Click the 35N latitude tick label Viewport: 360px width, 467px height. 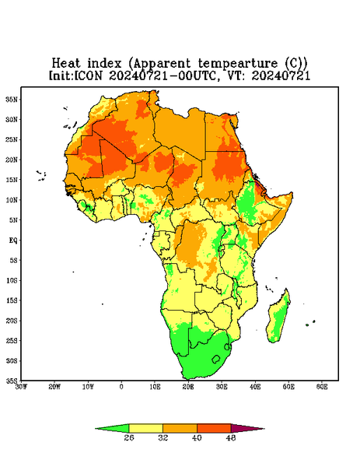[x=12, y=99]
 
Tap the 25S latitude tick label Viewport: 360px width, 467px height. [x=12, y=340]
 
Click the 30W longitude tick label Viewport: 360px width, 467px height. [x=21, y=387]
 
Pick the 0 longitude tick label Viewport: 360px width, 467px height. [x=121, y=387]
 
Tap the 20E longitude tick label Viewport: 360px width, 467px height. [x=188, y=387]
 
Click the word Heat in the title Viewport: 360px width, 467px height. [x=66, y=64]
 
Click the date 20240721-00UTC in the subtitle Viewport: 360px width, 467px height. [x=163, y=75]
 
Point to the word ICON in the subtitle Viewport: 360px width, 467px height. [x=89, y=75]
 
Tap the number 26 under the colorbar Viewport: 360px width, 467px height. [x=129, y=437]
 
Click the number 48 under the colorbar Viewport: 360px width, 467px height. [x=231, y=437]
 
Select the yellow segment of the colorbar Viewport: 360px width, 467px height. [x=145, y=429]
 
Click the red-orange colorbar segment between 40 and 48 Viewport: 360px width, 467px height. [x=214, y=429]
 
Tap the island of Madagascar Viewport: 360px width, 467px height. [x=278, y=318]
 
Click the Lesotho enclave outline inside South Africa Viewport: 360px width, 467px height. [x=216, y=359]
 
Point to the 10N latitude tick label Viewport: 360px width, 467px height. [x=12, y=200]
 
